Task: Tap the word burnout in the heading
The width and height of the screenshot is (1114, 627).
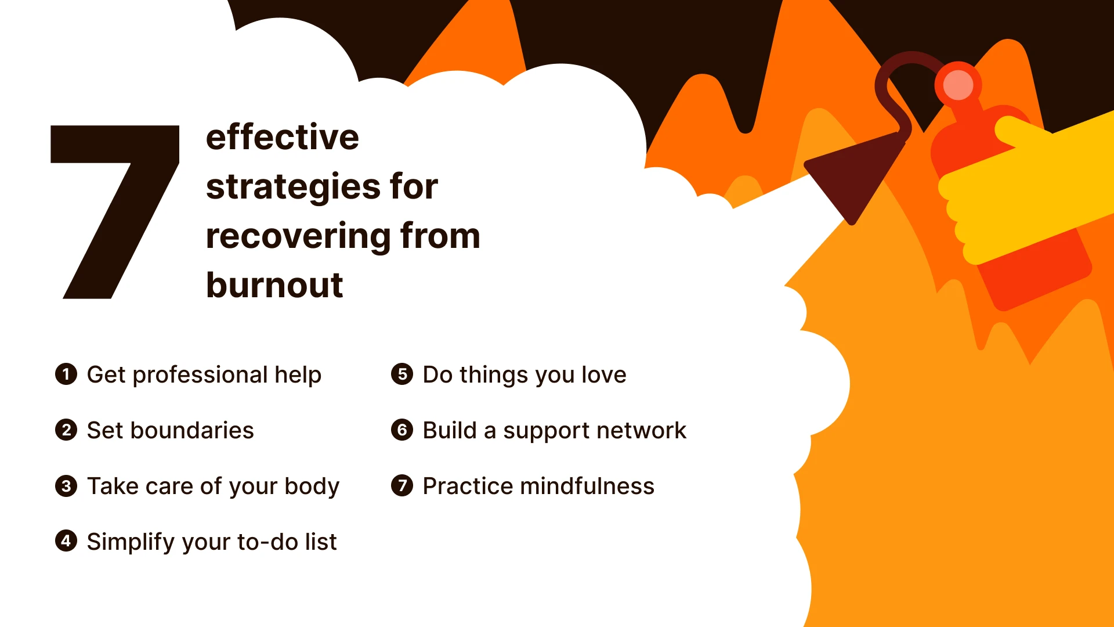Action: point(274,285)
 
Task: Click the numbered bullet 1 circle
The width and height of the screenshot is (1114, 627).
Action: point(66,374)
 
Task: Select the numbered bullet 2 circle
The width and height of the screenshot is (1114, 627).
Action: point(66,430)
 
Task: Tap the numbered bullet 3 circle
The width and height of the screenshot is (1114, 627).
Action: point(66,485)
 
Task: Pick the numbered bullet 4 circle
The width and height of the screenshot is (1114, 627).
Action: point(66,541)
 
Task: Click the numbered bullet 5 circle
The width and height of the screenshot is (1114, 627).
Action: point(402,374)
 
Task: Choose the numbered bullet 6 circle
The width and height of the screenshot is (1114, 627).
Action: point(402,430)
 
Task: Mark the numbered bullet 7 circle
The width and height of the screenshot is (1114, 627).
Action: point(402,485)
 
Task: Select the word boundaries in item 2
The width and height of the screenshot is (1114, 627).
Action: point(192,431)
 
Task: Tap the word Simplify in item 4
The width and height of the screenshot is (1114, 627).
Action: point(131,542)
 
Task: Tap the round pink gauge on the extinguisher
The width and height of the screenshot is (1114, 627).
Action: point(958,85)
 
